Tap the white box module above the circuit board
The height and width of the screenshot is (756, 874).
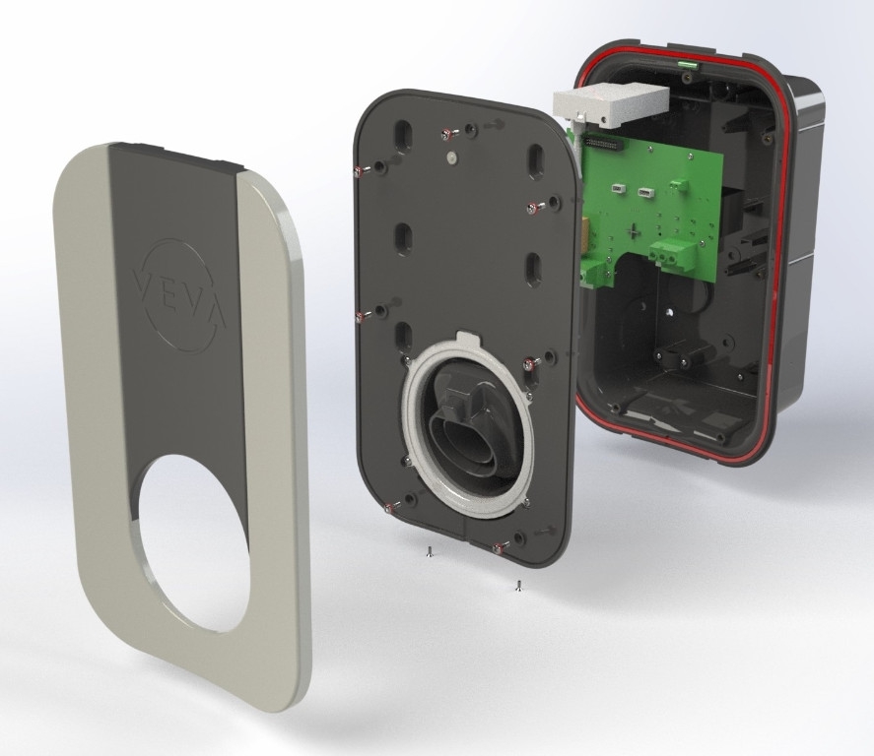click(611, 105)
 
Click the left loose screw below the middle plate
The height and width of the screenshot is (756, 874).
click(428, 551)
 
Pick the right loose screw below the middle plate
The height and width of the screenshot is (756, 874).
click(518, 585)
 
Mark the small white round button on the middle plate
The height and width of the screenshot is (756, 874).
click(450, 158)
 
